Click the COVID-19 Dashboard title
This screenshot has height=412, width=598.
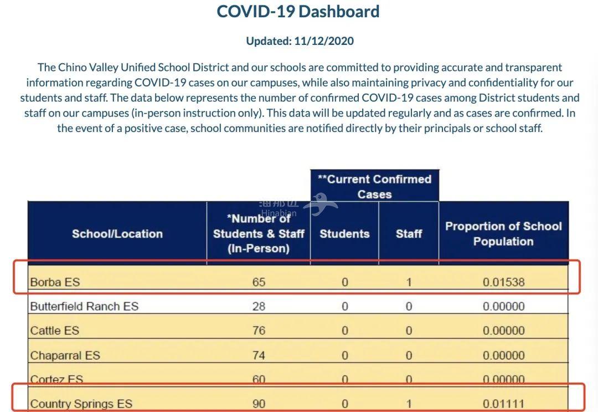298,12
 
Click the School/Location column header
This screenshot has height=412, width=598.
117,233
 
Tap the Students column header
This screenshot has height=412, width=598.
344,233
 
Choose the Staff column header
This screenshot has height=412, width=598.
409,233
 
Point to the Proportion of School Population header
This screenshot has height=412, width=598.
503,233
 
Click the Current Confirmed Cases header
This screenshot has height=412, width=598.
374,186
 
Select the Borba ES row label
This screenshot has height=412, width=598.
55,282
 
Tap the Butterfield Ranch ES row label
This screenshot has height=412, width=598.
84,306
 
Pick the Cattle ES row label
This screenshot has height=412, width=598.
55,330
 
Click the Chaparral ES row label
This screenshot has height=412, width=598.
65,355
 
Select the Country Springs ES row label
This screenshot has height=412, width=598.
81,404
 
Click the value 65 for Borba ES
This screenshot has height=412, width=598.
259,282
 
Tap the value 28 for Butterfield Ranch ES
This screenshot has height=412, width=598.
259,306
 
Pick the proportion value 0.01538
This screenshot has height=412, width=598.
503,282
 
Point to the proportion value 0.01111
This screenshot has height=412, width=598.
503,404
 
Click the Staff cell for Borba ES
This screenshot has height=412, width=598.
409,282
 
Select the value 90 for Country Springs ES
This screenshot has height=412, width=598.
259,404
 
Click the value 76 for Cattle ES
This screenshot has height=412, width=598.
259,330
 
